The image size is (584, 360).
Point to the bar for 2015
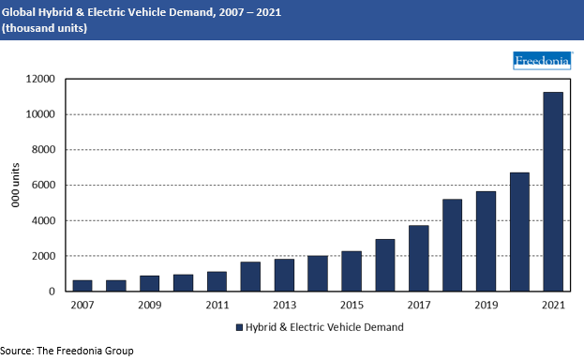351,271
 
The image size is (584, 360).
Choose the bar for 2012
250,277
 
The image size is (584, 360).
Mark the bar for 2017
418,259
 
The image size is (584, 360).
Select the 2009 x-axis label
149,306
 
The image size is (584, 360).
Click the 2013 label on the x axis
284,306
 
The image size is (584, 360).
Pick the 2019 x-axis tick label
486,306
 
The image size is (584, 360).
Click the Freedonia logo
542,62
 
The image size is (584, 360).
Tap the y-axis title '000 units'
15,186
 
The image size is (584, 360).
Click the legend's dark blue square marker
238,327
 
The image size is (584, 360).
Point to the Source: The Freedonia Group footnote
67,351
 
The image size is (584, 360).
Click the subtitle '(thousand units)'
45,28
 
